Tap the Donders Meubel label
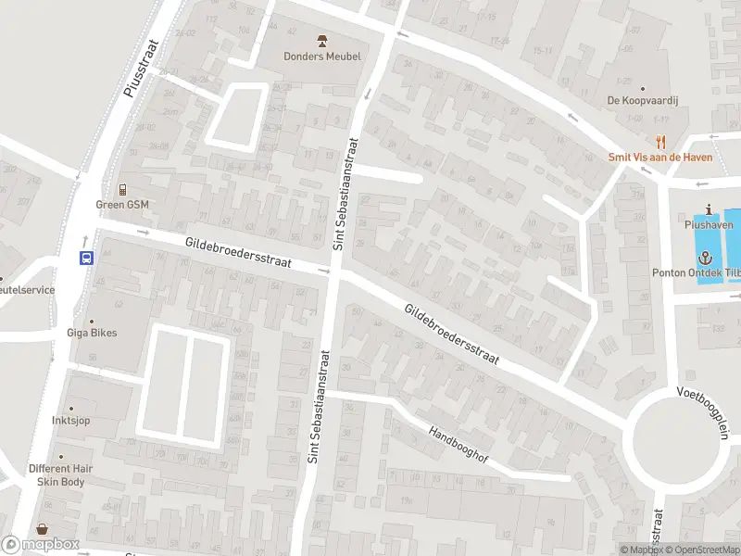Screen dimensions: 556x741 pos(322,57)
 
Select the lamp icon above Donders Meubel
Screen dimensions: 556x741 pos(322,41)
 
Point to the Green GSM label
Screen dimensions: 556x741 pos(122,205)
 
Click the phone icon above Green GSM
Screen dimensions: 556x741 pos(122,189)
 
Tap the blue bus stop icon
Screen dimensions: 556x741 pos(86,259)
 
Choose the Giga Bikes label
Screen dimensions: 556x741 pos(91,333)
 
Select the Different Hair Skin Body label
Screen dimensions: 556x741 pos(62,474)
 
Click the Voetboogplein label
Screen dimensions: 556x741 pos(704,408)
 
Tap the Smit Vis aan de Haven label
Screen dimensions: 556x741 pos(660,158)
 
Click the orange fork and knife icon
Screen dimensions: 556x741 pos(660,142)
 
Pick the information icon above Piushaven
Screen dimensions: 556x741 pos(709,209)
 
